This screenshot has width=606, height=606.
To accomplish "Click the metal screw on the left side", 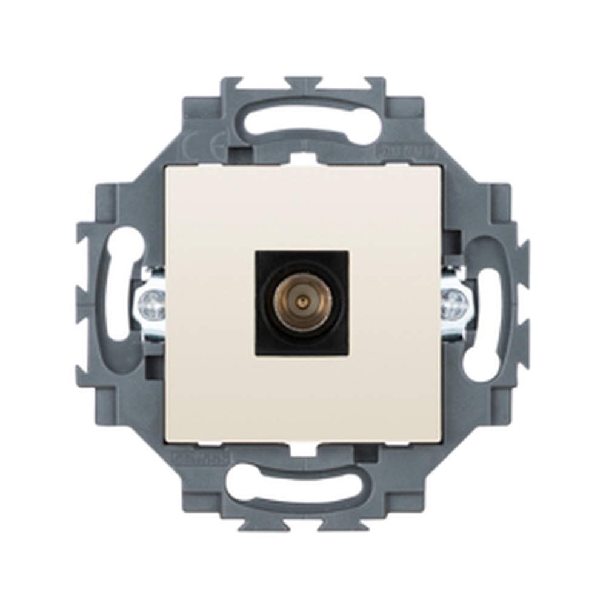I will click(151, 305).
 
